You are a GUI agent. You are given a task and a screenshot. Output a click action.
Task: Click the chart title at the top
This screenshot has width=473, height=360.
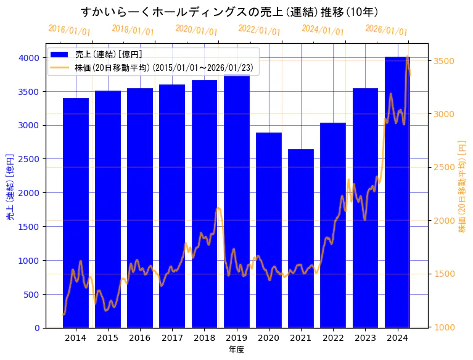[229, 12]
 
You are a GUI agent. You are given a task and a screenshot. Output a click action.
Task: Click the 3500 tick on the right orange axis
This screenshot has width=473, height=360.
[445, 61]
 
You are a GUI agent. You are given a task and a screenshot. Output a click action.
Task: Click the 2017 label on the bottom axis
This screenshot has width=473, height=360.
[172, 338]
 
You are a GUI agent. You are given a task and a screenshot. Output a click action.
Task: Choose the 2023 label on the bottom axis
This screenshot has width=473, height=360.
[365, 338]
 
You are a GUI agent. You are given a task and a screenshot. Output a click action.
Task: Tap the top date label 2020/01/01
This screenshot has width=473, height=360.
[196, 30]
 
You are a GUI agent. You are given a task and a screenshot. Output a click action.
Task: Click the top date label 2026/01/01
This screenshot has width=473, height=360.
[386, 30]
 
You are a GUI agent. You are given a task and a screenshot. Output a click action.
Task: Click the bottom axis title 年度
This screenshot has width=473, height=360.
[236, 350]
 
